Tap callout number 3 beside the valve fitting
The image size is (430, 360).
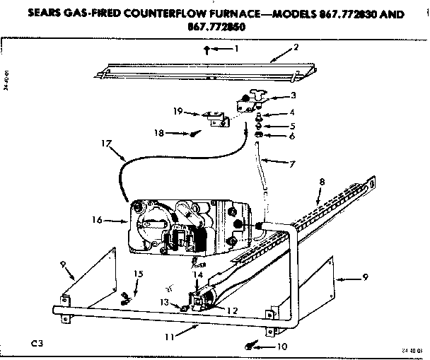coord(294,95)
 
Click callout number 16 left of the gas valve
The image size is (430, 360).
coord(96,221)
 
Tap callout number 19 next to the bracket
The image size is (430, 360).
coord(178,111)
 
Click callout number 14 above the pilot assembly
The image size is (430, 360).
coord(199,274)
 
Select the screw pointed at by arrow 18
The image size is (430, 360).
coord(194,134)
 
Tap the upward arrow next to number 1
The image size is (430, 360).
coord(206,49)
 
